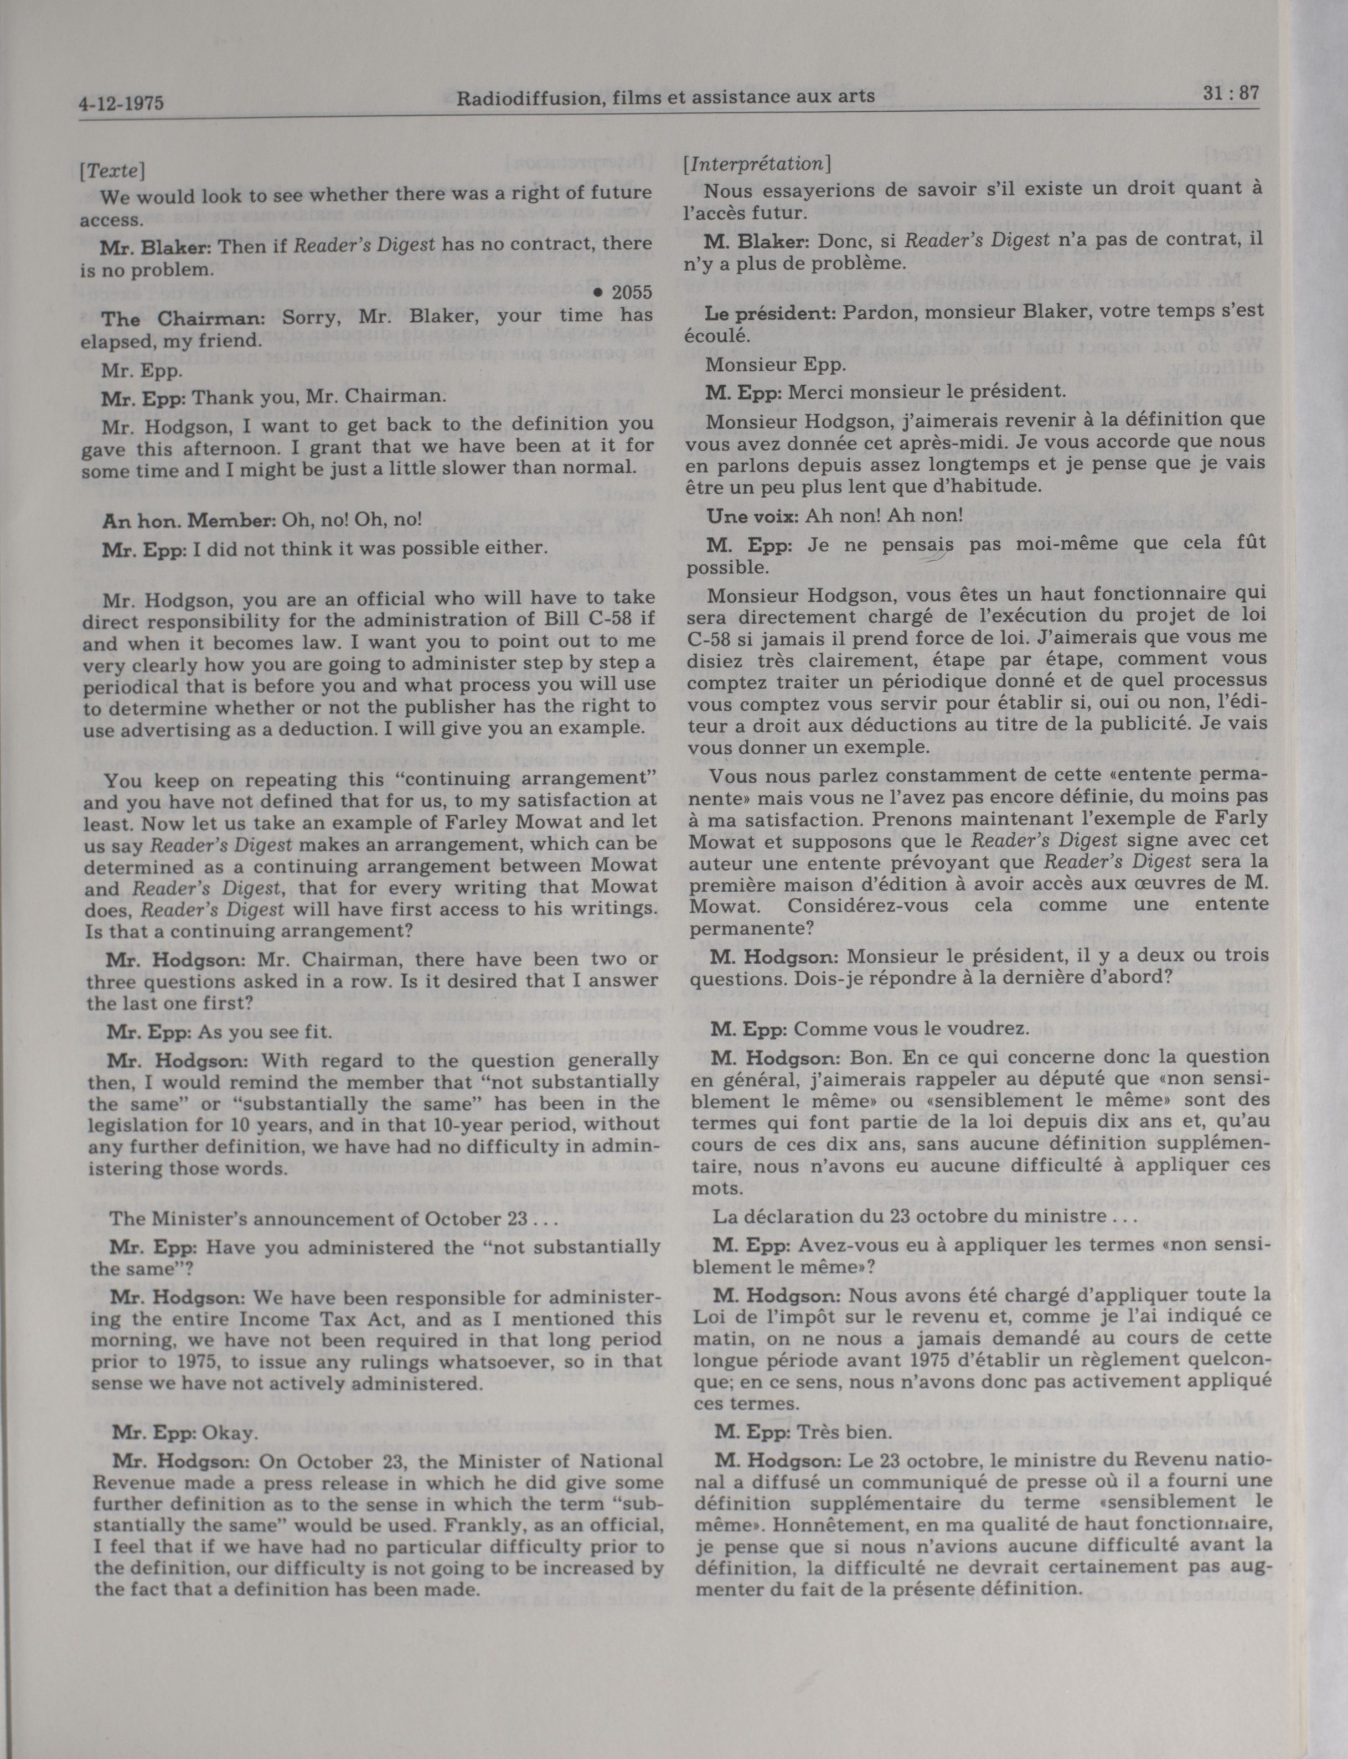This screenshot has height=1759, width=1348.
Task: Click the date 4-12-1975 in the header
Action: point(122,104)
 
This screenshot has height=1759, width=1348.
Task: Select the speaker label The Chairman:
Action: point(183,318)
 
